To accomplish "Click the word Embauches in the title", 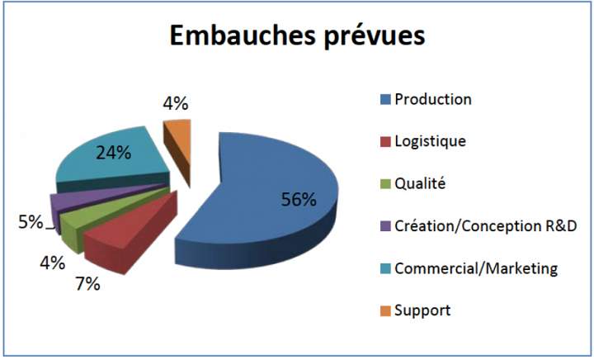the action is pyautogui.click(x=242, y=36).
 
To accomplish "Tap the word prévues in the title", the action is pyautogui.click(x=374, y=37).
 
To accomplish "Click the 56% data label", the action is pyautogui.click(x=299, y=199).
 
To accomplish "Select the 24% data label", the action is pyautogui.click(x=114, y=153).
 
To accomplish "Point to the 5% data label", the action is pyautogui.click(x=31, y=222).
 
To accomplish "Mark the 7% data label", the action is pyautogui.click(x=87, y=284).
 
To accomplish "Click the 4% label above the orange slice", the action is pyautogui.click(x=176, y=103).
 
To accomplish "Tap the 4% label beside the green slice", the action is pyautogui.click(x=53, y=263).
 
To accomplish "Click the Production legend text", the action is pyautogui.click(x=433, y=99).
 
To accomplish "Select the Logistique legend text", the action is pyautogui.click(x=431, y=141).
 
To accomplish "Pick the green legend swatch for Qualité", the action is pyautogui.click(x=385, y=184).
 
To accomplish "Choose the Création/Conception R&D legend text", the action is pyautogui.click(x=486, y=226).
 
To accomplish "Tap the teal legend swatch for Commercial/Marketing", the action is pyautogui.click(x=385, y=268).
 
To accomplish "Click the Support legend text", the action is pyautogui.click(x=422, y=310).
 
